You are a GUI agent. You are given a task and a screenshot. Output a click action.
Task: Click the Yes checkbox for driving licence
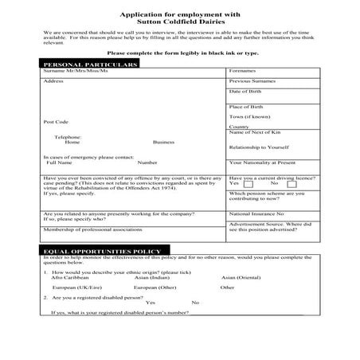(248, 183)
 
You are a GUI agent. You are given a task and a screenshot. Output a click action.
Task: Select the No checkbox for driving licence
(292, 183)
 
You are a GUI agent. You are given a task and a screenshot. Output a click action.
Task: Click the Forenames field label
(242, 71)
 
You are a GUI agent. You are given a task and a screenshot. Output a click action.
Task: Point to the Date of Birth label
(246, 92)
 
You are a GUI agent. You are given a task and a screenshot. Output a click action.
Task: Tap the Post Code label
(56, 122)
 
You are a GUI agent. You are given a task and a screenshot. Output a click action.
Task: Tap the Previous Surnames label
(252, 81)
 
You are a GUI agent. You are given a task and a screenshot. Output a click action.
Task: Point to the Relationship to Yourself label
(258, 147)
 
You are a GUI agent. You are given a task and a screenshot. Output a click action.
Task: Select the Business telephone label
(163, 142)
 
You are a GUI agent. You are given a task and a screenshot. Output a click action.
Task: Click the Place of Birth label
(246, 106)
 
